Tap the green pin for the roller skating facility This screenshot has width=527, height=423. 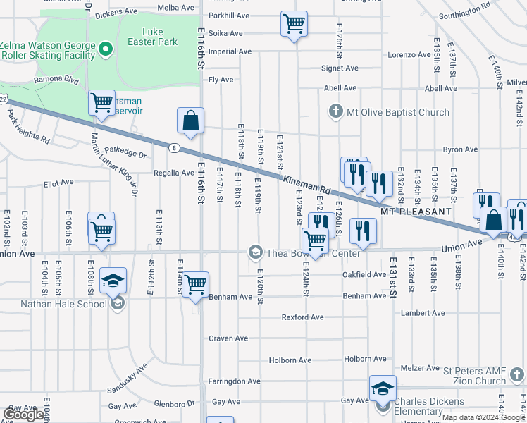[106, 49]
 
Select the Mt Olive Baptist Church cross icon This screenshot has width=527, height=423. [336, 112]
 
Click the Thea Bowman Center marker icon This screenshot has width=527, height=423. [254, 252]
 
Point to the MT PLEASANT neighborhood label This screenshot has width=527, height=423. [415, 211]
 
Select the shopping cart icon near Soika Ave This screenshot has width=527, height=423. [294, 23]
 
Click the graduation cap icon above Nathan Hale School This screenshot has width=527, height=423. [113, 281]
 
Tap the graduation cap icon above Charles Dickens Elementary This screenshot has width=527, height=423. [383, 388]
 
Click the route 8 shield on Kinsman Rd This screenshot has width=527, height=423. [173, 147]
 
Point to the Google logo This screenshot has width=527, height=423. [24, 414]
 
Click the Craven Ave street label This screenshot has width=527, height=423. [228, 338]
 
